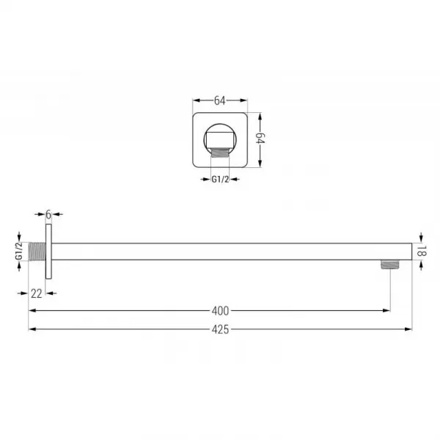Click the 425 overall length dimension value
coord(220,329)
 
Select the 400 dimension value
coord(220,311)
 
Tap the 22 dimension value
coord(37,294)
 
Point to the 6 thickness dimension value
coord(48,215)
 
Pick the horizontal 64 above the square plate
coord(220,100)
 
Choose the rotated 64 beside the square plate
coord(260,138)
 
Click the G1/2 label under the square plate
coord(220,180)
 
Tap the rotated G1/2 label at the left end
coord(19,251)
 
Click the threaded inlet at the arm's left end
coord(37,252)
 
